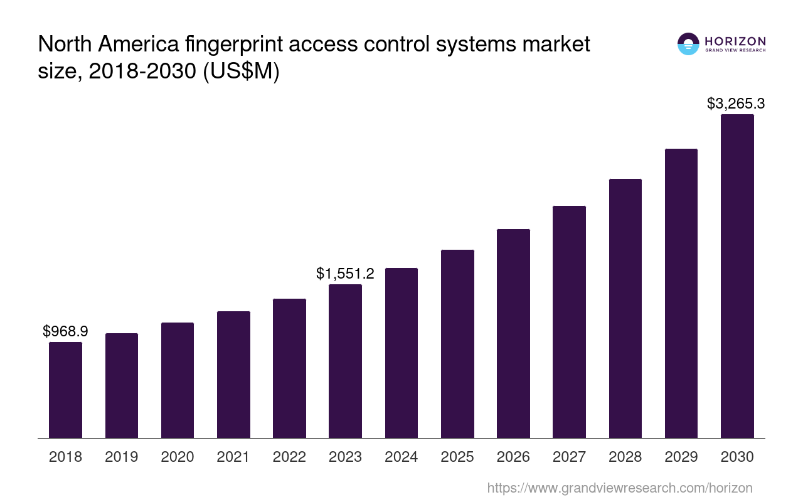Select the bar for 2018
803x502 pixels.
65,390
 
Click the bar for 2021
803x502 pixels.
233,375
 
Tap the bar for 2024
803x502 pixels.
401,353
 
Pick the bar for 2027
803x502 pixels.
569,322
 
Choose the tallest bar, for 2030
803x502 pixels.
737,276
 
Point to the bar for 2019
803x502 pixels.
122,385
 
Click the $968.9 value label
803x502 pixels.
65,331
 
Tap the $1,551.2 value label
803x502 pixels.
345,274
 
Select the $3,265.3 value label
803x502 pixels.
736,104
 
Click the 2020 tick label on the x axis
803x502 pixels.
178,457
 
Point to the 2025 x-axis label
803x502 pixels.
457,457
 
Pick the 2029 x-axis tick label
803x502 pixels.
681,457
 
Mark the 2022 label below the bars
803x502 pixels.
289,457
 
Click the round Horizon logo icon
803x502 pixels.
688,44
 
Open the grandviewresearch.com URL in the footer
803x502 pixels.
620,488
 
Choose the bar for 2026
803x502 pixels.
513,333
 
